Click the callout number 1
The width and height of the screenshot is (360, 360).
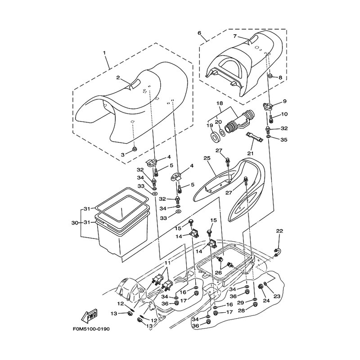click(x=104, y=53)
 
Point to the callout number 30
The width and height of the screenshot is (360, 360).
click(x=75, y=223)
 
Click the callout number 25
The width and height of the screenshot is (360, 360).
click(x=207, y=158)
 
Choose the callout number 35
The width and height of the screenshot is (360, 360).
click(x=284, y=140)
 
